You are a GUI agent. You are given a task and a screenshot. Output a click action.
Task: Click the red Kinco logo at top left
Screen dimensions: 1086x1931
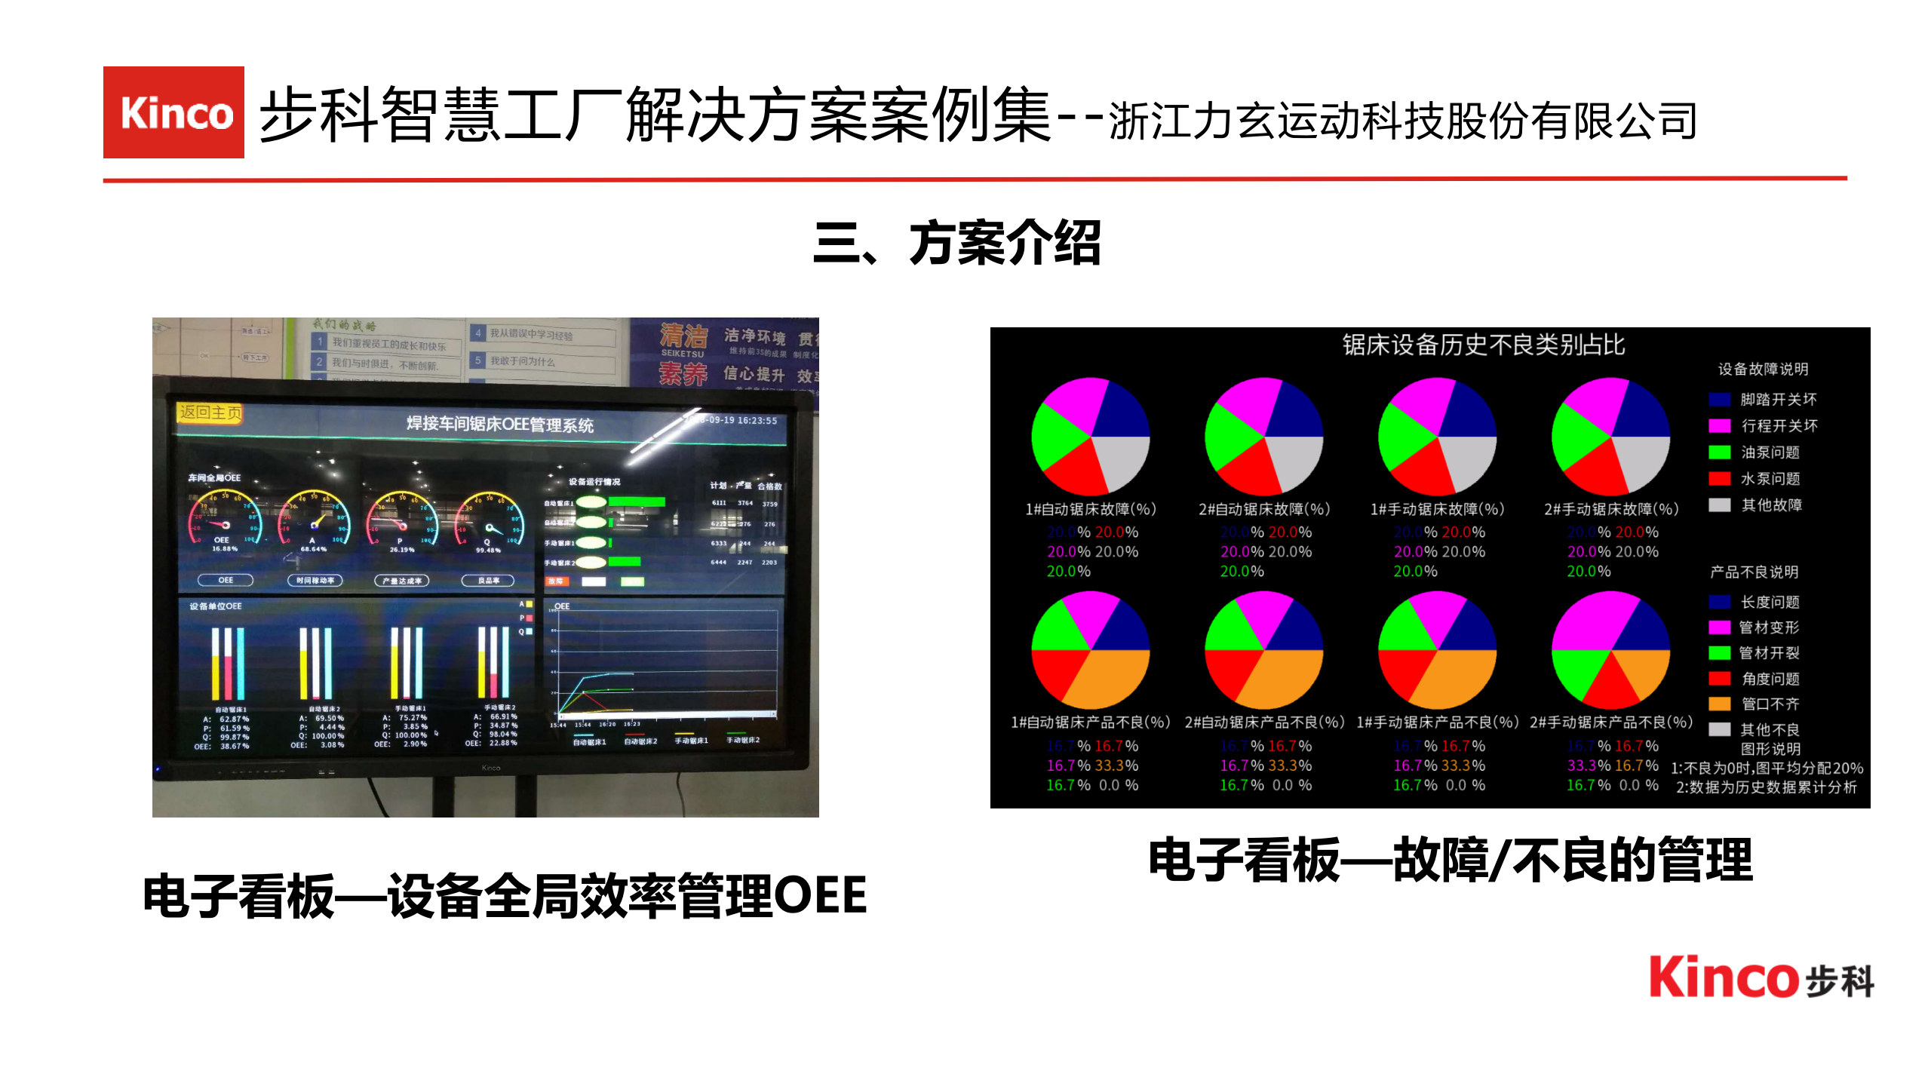pyautogui.click(x=173, y=112)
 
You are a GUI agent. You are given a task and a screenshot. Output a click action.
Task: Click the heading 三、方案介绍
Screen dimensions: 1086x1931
pyautogui.click(x=957, y=243)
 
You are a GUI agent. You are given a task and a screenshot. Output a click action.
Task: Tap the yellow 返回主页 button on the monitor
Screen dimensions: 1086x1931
pyautogui.click(x=210, y=413)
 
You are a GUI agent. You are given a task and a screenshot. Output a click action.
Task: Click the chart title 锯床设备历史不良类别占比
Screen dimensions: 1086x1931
pyautogui.click(x=1483, y=345)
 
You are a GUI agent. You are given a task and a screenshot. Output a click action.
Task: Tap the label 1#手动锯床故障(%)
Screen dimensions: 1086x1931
pyautogui.click(x=1437, y=510)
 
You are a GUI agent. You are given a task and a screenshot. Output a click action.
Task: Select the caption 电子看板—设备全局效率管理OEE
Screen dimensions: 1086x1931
pyautogui.click(x=505, y=895)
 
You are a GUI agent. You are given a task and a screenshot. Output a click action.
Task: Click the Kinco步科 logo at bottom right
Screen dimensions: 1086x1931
pyautogui.click(x=1761, y=978)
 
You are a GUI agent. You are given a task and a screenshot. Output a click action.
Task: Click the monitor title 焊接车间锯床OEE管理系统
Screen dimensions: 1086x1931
pyautogui.click(x=500, y=424)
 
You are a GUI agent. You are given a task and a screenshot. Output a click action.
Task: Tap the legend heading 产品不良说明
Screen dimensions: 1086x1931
pyautogui.click(x=1754, y=572)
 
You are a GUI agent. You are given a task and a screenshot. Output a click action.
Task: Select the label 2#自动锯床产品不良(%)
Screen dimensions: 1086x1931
pyautogui.click(x=1264, y=722)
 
